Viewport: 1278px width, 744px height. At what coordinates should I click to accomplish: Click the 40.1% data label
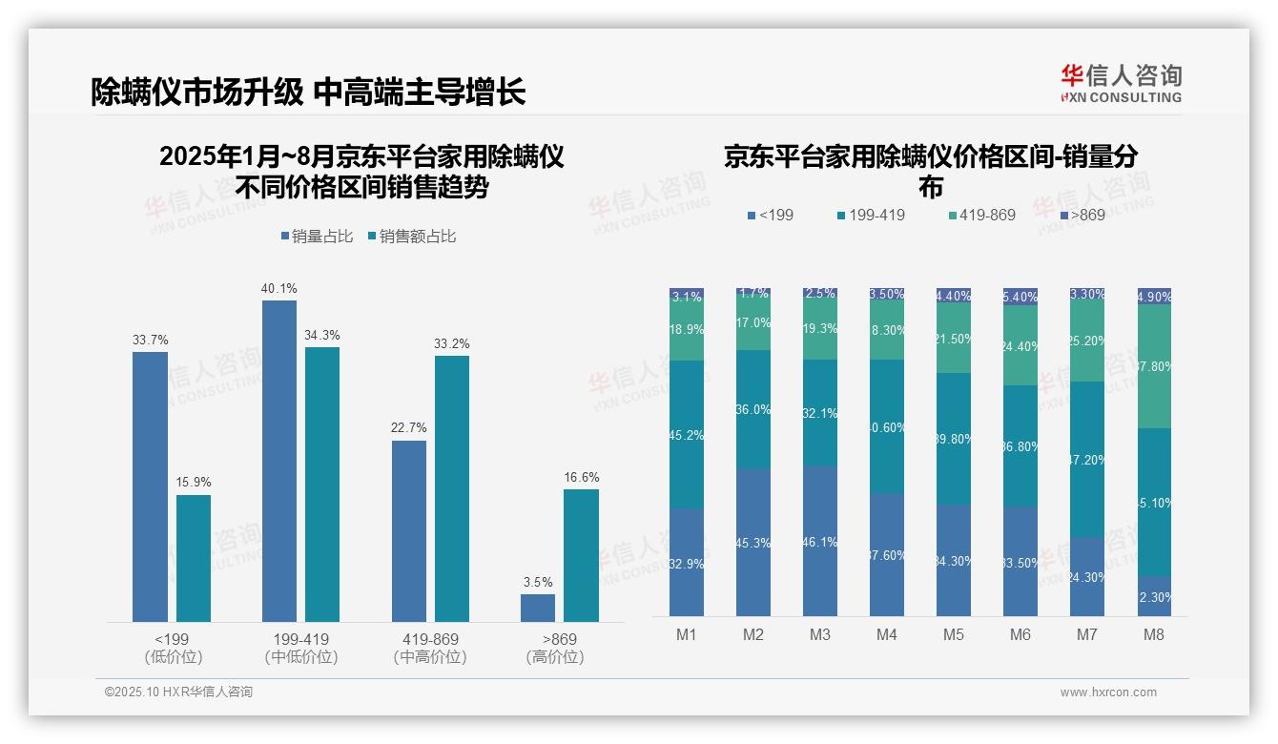pyautogui.click(x=278, y=288)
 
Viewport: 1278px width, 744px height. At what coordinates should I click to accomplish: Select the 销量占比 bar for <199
pyautogui.click(x=150, y=486)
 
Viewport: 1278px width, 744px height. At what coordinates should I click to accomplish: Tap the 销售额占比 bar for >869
pyautogui.click(x=581, y=555)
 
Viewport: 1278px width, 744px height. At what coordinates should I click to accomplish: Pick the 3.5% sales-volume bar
pyautogui.click(x=538, y=608)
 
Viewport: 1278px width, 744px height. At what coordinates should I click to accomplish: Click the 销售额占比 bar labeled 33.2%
pyautogui.click(x=451, y=488)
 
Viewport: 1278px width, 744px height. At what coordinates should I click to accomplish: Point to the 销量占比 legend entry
pyautogui.click(x=319, y=237)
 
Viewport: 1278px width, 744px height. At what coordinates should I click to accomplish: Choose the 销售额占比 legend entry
pyautogui.click(x=412, y=237)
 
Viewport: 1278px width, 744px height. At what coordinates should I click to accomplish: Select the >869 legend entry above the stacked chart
pyautogui.click(x=1083, y=215)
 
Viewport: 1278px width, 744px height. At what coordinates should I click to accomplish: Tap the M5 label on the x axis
pyautogui.click(x=954, y=634)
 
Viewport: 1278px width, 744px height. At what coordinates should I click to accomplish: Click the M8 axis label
pyautogui.click(x=1154, y=634)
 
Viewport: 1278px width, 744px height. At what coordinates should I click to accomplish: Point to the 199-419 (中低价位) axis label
pyautogui.click(x=301, y=648)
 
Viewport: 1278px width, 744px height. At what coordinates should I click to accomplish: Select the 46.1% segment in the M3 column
pyautogui.click(x=820, y=541)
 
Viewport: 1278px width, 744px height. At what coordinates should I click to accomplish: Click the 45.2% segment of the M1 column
pyautogui.click(x=687, y=435)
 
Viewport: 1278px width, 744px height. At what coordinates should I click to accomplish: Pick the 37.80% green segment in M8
pyautogui.click(x=1154, y=366)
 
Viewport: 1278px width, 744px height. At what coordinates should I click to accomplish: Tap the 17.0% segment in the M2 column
pyautogui.click(x=753, y=323)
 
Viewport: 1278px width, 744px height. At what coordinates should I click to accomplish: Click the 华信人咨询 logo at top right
pyautogui.click(x=1121, y=83)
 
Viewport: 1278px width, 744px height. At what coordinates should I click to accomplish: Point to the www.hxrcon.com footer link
pyautogui.click(x=1108, y=692)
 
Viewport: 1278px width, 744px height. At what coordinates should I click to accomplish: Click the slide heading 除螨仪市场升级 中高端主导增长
pyautogui.click(x=308, y=92)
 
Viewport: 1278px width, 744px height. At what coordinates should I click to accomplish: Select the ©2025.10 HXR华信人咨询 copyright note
pyautogui.click(x=178, y=692)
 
